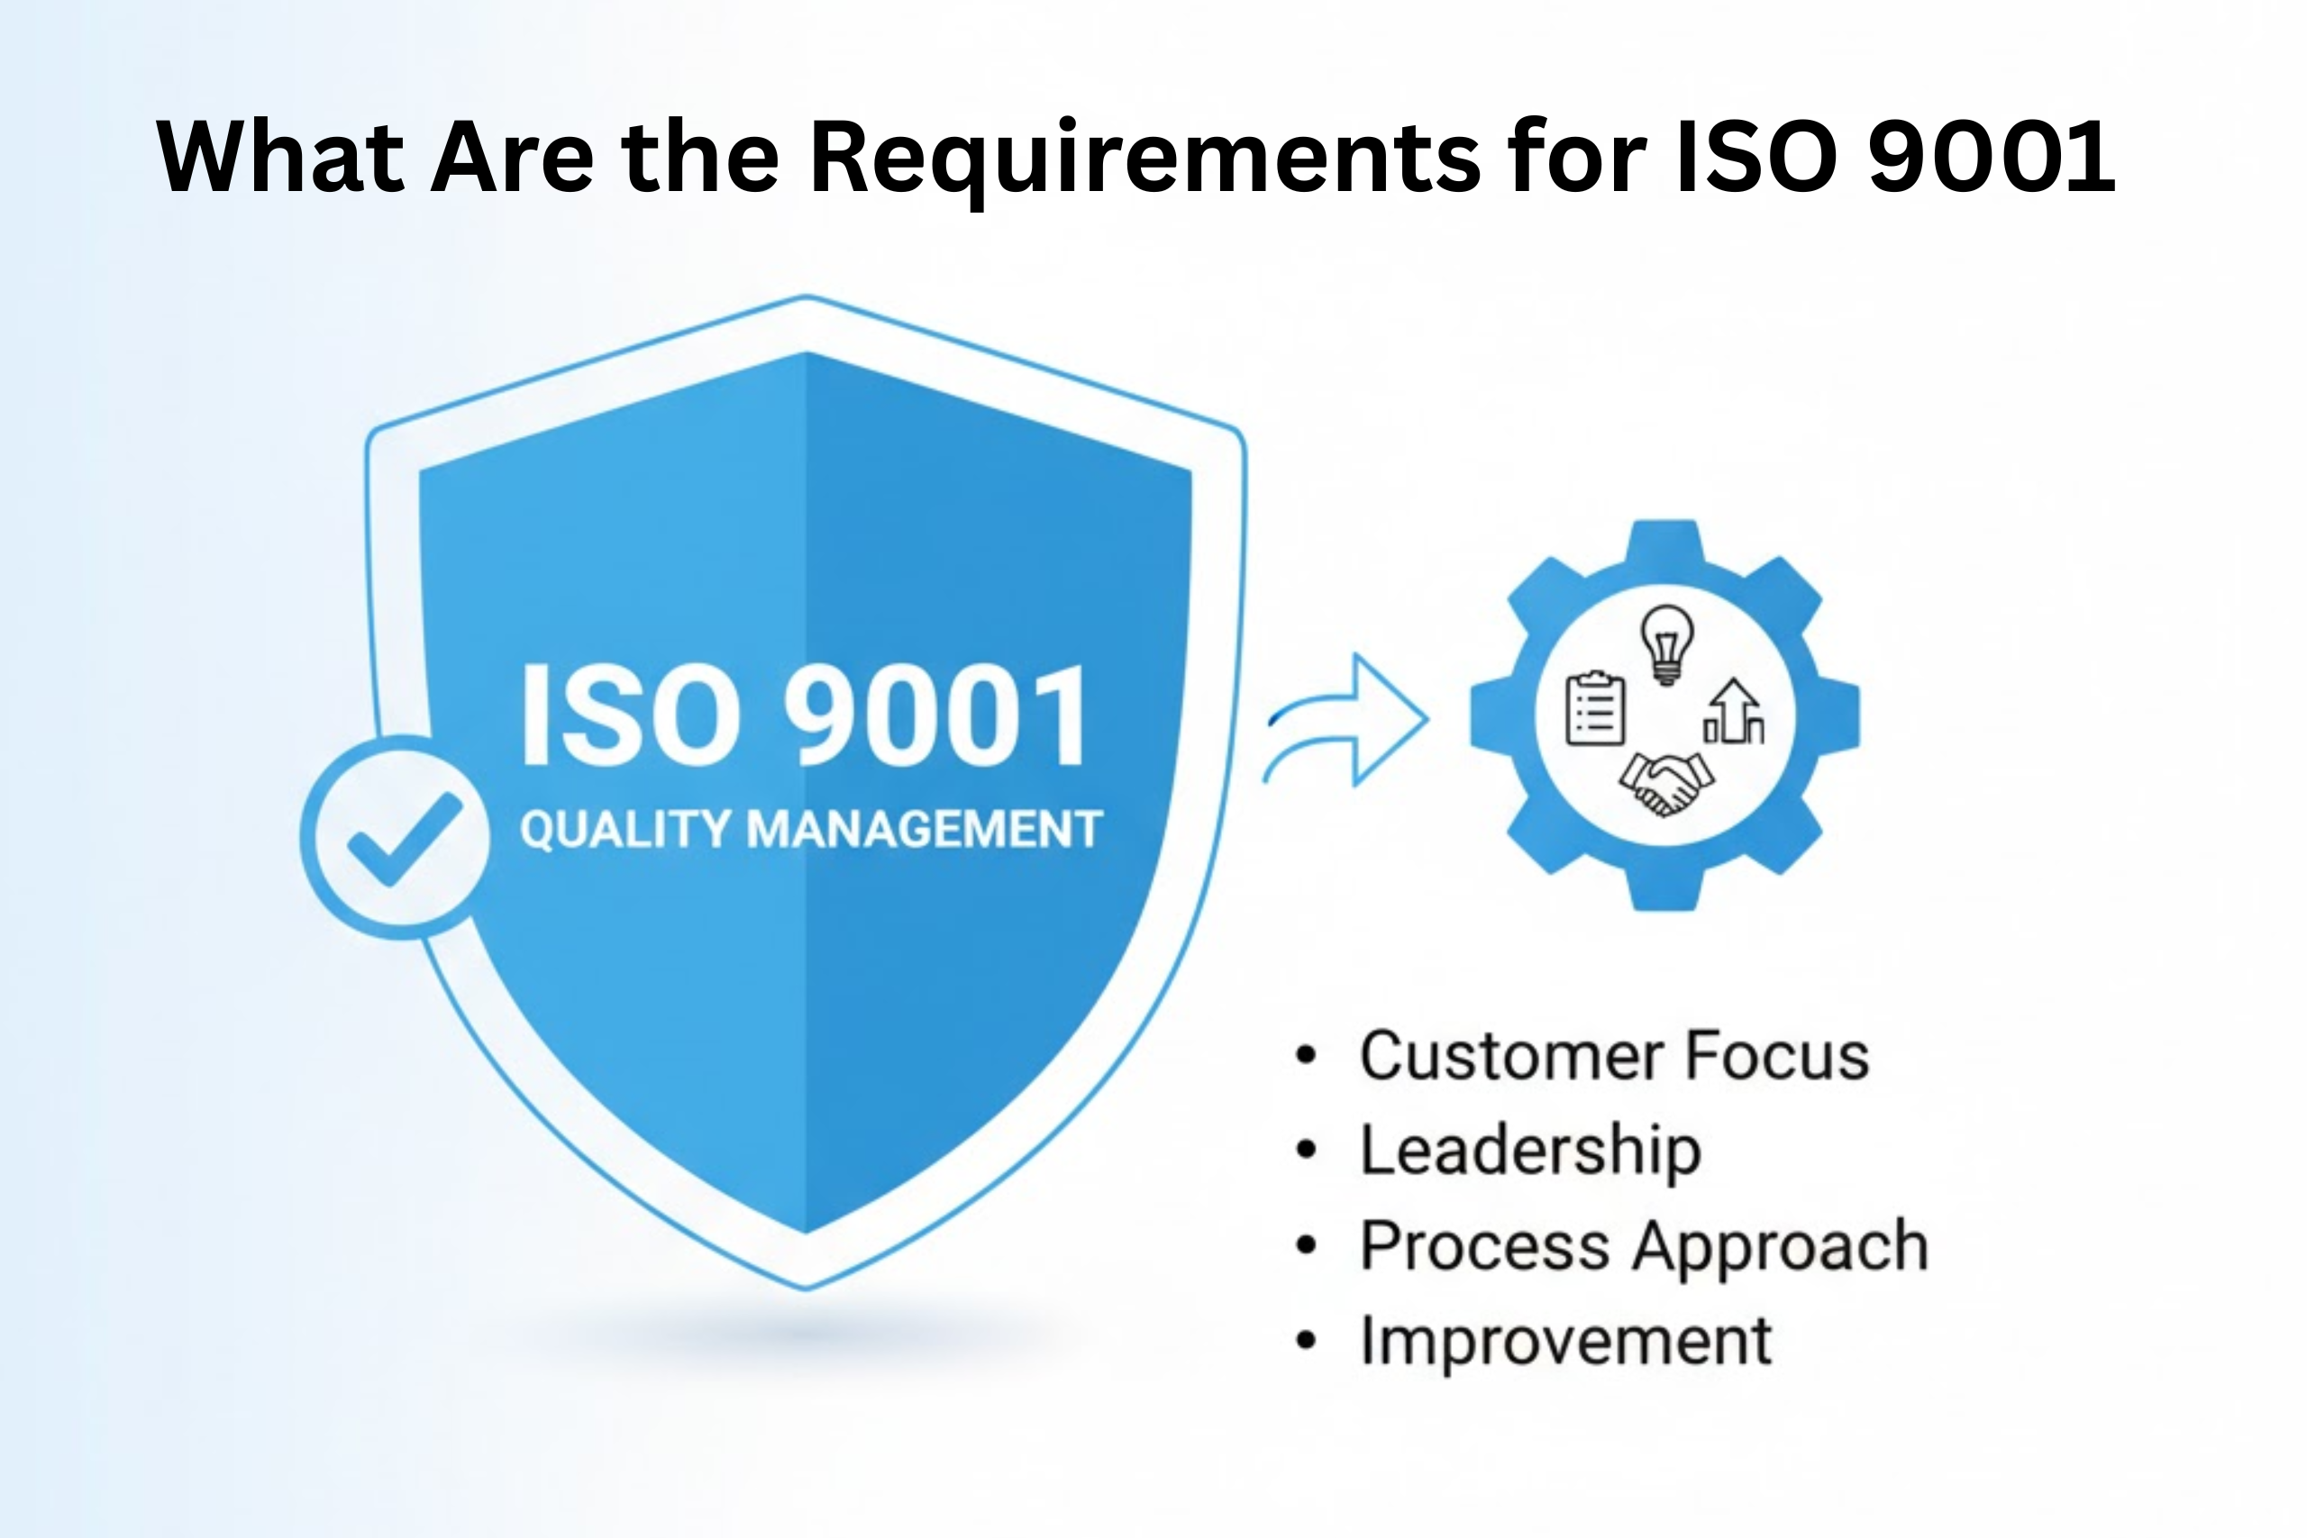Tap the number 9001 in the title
1992,157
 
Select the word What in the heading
278,157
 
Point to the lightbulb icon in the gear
1666,642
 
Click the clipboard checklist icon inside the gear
1594,708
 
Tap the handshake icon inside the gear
1665,782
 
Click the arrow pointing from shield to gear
1349,719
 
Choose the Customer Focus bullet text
1613,1055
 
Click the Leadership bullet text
1530,1150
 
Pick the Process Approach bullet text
1644,1246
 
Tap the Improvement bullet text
1565,1340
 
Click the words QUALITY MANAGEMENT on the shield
810,829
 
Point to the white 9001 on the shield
935,716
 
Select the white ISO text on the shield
630,716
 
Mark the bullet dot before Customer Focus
1305,1056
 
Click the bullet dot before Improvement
1305,1341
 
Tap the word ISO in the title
1755,157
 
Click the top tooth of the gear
1665,545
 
